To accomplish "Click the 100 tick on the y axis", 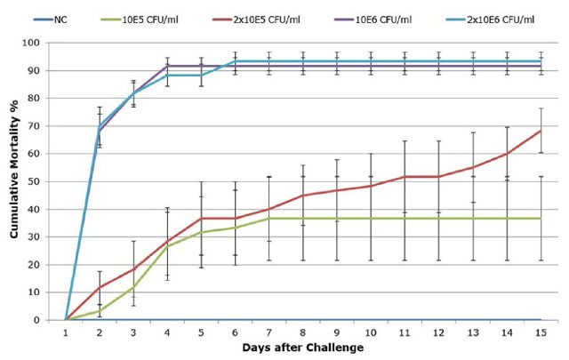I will point(37,43).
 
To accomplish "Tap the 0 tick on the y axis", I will point(43,320).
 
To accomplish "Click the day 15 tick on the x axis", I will point(540,332).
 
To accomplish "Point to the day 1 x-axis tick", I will point(66,332).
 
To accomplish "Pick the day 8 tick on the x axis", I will point(303,332).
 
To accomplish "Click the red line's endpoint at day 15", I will point(540,131).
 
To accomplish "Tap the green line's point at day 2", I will point(100,311).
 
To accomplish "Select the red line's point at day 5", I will point(201,219).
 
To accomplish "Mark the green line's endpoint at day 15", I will point(540,219).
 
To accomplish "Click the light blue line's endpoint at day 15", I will point(540,61).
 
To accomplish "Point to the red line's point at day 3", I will point(133,268).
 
